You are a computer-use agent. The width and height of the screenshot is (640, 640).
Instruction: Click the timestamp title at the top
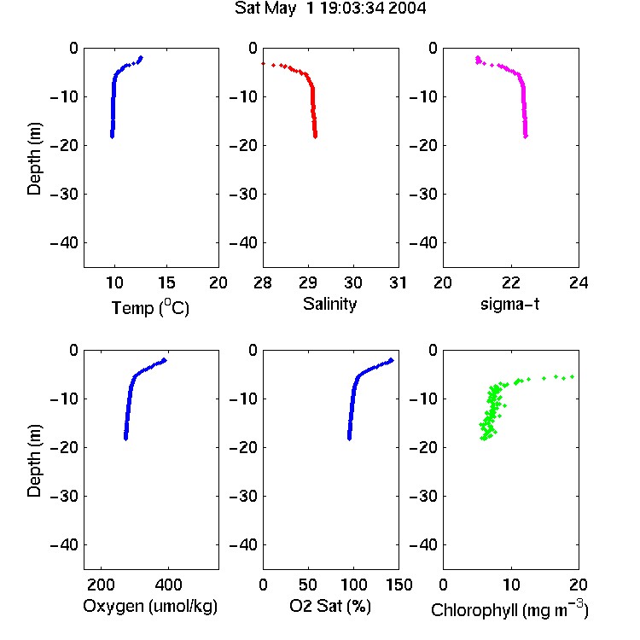tap(329, 9)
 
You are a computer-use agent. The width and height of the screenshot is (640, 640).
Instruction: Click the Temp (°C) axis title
tap(150, 307)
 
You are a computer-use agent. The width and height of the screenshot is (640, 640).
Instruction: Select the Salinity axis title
tap(329, 304)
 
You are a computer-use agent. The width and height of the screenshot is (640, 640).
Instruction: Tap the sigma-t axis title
tap(509, 304)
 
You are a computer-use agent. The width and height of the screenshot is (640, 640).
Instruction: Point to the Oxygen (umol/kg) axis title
tap(150, 606)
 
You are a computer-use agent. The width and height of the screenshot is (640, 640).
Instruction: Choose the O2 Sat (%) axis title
tap(329, 606)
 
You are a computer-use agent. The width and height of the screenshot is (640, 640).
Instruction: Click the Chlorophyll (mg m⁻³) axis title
tap(509, 608)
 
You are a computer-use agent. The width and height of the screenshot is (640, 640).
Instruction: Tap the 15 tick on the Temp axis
tap(166, 282)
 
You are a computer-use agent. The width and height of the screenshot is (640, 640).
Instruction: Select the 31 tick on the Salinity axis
tap(398, 282)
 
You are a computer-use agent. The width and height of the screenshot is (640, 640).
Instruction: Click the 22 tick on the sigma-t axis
tap(510, 282)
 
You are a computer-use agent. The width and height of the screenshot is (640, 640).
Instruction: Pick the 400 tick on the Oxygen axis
tap(168, 585)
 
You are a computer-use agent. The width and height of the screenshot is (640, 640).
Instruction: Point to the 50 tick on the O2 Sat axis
tap(308, 585)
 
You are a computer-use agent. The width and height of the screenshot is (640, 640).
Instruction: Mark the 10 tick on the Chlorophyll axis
tap(510, 585)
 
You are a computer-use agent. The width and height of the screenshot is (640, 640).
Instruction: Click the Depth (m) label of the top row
tap(34, 159)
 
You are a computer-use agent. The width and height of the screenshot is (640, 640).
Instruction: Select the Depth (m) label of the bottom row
tap(34, 461)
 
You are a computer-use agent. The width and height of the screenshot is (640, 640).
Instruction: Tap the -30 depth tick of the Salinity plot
tap(244, 195)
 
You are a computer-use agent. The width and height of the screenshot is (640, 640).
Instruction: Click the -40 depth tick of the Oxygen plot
tap(64, 545)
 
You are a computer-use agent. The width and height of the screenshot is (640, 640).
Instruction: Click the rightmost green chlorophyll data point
tap(573, 376)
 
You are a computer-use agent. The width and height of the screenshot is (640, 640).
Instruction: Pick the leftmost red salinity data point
tap(264, 64)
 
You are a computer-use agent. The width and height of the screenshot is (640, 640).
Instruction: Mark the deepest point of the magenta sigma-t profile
tap(526, 137)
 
